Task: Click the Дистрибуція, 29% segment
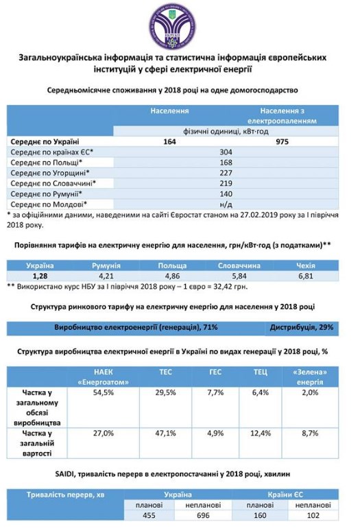pyautogui.click(x=302, y=327)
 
